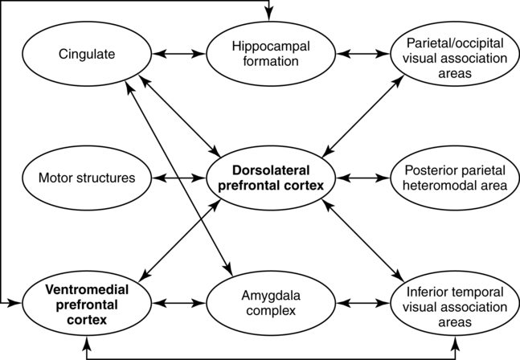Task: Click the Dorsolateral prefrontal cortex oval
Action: (269, 178)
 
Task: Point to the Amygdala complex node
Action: (269, 304)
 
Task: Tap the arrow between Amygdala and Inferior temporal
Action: (360, 304)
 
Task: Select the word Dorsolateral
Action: (269, 170)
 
